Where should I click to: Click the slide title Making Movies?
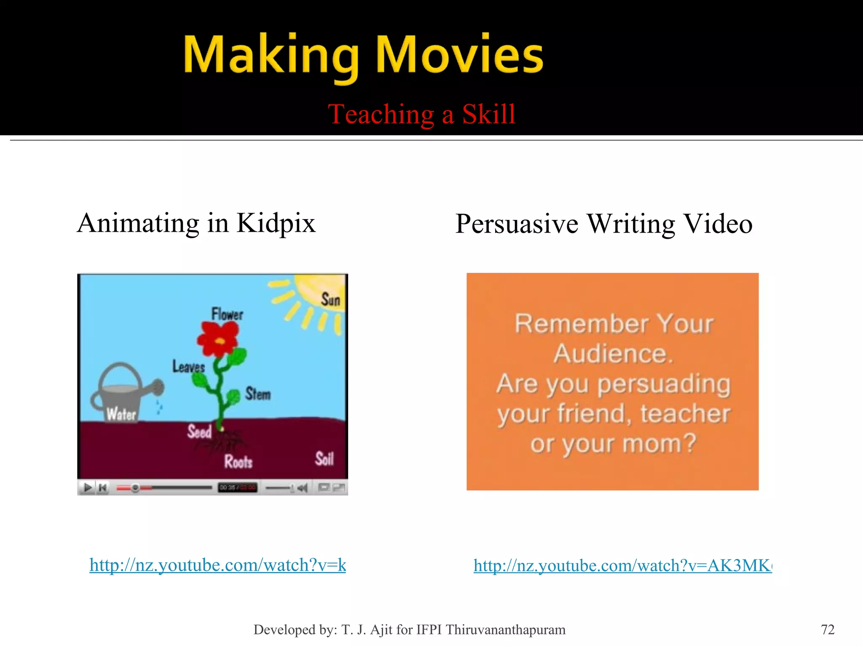pos(363,56)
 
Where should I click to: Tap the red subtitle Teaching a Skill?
pos(421,114)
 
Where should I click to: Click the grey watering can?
pos(122,392)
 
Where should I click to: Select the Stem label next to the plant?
pos(258,394)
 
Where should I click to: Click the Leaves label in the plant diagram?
pos(188,366)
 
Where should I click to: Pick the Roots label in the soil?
pos(238,462)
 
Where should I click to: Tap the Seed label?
pos(199,432)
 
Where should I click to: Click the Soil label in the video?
pos(324,459)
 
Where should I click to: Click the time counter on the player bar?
pos(237,488)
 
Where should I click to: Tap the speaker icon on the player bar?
pos(302,488)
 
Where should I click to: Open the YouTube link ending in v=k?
pos(217,565)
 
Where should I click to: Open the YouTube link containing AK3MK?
pos(622,565)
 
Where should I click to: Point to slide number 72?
pos(827,629)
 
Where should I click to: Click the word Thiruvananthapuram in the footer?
pos(505,629)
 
